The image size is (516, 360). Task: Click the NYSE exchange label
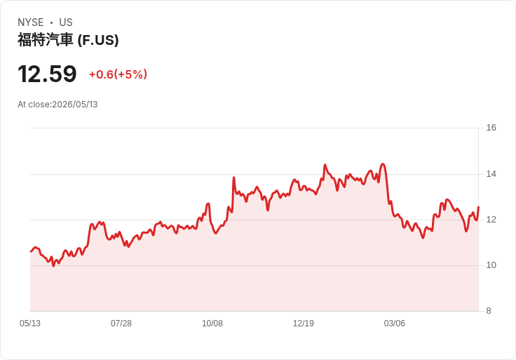tap(31, 22)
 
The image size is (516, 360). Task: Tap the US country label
tap(66, 22)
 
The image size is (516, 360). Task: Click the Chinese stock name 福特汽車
tap(45, 40)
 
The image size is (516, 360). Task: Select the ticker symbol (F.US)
tap(98, 40)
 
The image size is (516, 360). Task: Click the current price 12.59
tap(47, 74)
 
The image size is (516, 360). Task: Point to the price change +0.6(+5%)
tap(118, 74)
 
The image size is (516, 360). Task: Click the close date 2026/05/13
tap(75, 105)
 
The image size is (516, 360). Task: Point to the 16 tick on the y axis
tap(491, 128)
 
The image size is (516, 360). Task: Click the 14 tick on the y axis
tap(491, 174)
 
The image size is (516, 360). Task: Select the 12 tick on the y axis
tap(491, 220)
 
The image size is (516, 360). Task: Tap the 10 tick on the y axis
tap(491, 265)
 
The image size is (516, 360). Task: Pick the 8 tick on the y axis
tap(489, 311)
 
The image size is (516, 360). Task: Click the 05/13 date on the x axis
tap(30, 324)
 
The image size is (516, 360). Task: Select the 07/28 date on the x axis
tap(121, 324)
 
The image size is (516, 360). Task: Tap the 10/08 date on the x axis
tap(212, 324)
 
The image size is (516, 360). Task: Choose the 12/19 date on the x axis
tap(304, 324)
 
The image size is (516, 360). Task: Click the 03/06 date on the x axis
tap(394, 324)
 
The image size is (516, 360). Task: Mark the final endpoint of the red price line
tap(478, 207)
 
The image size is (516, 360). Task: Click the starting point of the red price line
tap(31, 251)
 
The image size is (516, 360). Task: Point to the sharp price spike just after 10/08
tap(233, 178)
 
